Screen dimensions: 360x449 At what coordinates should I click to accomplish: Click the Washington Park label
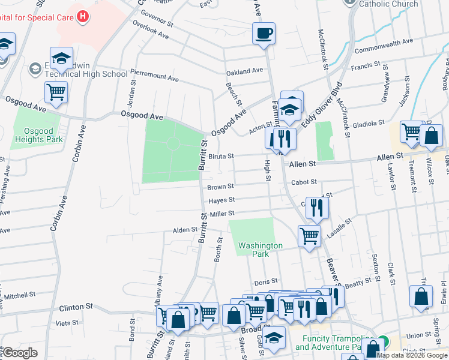coord(260,250)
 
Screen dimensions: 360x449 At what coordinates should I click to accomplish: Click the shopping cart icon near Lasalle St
coord(309,236)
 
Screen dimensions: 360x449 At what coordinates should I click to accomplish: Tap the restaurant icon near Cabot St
coord(318,208)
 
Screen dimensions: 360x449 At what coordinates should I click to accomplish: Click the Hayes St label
coord(221,200)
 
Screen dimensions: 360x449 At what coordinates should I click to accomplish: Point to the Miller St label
coord(221,214)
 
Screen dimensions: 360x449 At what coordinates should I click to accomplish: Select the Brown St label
coord(220,187)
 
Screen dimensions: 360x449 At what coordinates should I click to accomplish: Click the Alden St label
coord(185,230)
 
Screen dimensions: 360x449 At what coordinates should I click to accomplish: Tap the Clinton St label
coord(76,307)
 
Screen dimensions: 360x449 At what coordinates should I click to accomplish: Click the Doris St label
coord(265,281)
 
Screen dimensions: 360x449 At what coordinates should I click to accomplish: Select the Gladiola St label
coord(369,123)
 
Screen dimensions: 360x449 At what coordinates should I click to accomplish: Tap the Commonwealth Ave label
coord(384,43)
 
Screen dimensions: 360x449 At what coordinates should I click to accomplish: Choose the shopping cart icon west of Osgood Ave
coord(56,92)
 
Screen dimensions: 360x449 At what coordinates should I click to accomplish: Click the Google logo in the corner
coord(20,353)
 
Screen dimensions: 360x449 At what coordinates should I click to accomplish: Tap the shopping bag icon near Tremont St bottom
coord(421,296)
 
